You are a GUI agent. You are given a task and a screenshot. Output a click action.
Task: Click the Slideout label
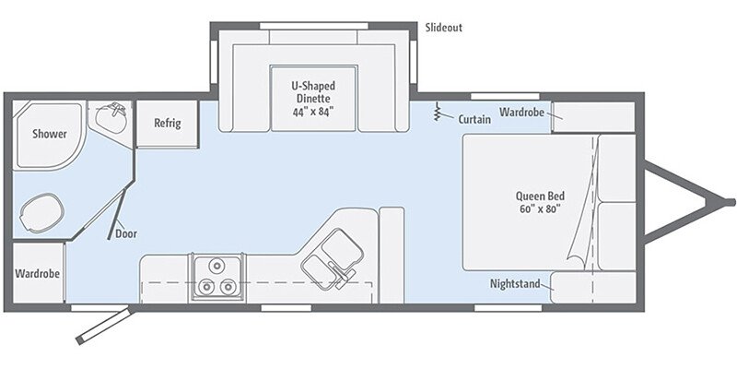(443, 28)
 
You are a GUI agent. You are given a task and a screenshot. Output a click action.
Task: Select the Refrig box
(167, 124)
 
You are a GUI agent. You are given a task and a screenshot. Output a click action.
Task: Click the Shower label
(49, 134)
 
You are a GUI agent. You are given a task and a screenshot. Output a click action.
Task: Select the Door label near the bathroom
(126, 233)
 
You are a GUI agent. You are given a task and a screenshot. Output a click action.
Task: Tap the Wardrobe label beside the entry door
(38, 274)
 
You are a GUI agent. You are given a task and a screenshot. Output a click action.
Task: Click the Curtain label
(474, 119)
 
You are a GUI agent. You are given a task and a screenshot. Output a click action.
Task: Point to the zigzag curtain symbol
(439, 113)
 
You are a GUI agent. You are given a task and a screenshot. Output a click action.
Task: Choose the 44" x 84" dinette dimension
(313, 112)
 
